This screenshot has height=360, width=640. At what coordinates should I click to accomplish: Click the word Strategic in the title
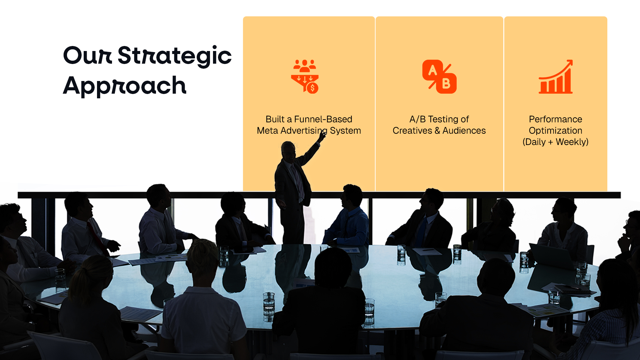pos(175,56)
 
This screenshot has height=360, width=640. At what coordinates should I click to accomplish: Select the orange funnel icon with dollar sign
pos(305,77)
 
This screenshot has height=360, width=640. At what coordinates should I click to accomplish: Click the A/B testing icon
pos(439,77)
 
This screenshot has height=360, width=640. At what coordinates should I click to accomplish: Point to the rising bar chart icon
pos(556,77)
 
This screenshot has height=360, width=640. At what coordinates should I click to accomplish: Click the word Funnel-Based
pos(323,119)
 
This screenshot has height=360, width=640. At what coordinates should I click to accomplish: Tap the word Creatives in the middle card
pos(412,131)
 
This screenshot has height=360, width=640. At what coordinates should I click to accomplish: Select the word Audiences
pos(464,131)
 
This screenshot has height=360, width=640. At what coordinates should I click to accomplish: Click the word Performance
pos(556,119)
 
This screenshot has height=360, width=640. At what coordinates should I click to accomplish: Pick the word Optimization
pos(556,131)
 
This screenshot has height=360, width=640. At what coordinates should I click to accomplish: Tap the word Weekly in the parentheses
pos(571,142)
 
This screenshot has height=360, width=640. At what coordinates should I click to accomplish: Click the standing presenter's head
pos(289,151)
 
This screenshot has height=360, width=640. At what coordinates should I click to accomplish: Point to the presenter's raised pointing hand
pos(322,135)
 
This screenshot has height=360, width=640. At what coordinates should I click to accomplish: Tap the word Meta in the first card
pos(267,131)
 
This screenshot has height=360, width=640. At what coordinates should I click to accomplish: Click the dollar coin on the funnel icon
pos(312,88)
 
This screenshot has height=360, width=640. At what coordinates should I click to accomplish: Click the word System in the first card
pos(345,131)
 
